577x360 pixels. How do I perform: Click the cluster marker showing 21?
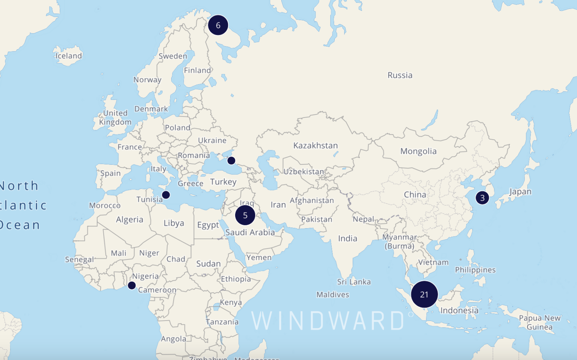click(x=424, y=294)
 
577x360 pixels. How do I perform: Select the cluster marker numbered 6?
click(x=218, y=25)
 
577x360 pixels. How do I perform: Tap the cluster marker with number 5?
click(x=245, y=215)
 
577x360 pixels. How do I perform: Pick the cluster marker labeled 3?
click(x=482, y=197)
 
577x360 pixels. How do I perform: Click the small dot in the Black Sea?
click(x=231, y=161)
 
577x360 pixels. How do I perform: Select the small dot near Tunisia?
click(x=166, y=195)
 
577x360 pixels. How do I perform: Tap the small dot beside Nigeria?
click(x=131, y=285)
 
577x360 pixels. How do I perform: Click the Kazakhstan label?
click(x=316, y=145)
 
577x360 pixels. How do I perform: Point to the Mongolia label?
click(x=418, y=151)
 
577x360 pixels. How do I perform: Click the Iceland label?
click(x=69, y=56)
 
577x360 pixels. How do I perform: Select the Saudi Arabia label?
click(x=250, y=232)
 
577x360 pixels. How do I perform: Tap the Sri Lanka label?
click(x=354, y=282)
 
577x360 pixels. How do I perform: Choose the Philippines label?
click(x=475, y=270)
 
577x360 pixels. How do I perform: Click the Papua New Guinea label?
click(x=539, y=322)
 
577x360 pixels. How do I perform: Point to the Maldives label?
click(x=332, y=295)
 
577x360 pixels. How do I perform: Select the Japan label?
click(x=520, y=191)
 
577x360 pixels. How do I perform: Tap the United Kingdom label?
click(x=115, y=117)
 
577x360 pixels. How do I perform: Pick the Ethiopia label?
click(x=236, y=279)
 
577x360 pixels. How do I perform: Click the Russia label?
click(x=400, y=75)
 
